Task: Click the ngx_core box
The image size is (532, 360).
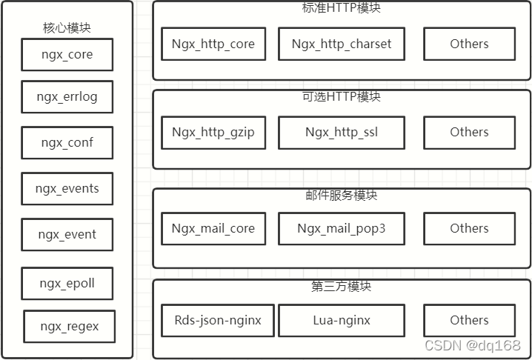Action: coord(67,55)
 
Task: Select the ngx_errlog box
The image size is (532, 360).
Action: coord(67,96)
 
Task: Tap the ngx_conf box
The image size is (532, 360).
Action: coord(67,142)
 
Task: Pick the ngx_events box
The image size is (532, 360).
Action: coord(67,188)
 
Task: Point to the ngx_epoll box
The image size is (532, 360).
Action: coord(67,283)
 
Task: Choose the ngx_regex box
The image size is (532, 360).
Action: coord(69,326)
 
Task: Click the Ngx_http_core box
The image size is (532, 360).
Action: coord(213,44)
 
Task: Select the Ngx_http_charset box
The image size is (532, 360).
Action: coord(342,44)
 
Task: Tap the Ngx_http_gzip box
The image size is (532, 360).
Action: coord(213,133)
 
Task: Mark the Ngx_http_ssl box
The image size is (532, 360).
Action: coord(342,133)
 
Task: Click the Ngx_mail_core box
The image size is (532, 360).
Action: coord(213,228)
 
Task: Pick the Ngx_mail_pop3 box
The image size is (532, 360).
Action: coord(342,228)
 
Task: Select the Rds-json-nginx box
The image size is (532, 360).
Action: coord(218,320)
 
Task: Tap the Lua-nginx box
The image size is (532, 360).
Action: coord(342,320)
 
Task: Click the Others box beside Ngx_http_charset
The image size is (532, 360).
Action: coord(469,44)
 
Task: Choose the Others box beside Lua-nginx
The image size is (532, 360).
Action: coord(469,320)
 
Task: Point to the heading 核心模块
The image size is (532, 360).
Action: coord(67,27)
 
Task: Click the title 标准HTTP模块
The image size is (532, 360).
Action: coord(342,8)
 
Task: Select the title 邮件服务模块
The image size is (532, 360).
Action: coord(342,195)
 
